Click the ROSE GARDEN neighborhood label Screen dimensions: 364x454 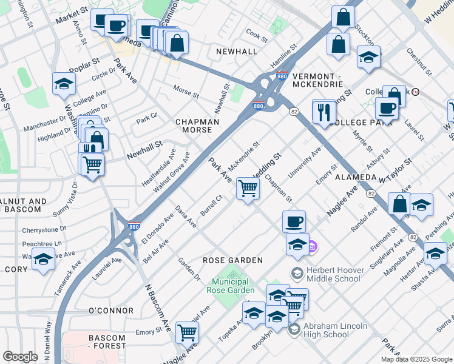232,260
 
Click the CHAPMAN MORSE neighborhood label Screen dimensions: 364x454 197,126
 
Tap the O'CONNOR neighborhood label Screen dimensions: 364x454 110,311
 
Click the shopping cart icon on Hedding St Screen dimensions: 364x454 248,189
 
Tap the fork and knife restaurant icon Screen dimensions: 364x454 324,111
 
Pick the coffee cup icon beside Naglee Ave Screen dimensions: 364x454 294,221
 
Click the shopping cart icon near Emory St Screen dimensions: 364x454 187,332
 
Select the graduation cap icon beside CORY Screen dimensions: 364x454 43,260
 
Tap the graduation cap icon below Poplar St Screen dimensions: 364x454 63,84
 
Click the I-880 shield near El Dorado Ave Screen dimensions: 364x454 135,227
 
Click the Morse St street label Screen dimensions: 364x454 186,95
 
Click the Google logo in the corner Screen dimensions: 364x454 20,357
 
